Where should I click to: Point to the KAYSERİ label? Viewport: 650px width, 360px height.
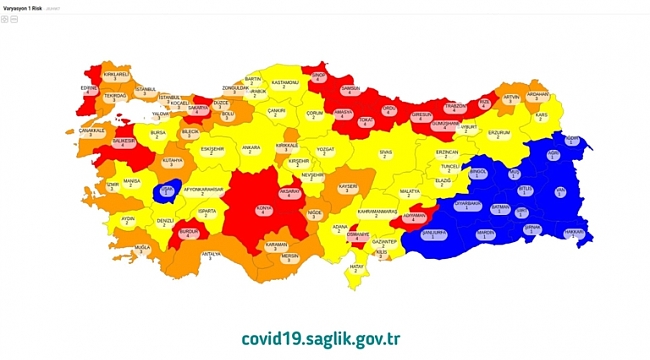347,187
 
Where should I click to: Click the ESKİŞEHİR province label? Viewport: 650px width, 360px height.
212,150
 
